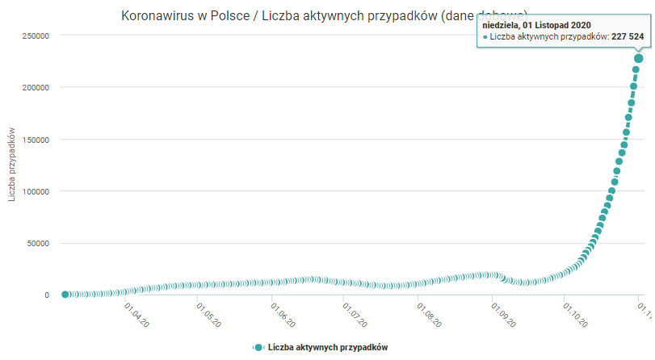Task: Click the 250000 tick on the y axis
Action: coord(35,36)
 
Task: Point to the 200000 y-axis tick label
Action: coord(35,87)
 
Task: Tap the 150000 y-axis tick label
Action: coord(35,140)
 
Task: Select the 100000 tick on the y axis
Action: coord(35,191)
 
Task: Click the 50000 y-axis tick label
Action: coord(37,243)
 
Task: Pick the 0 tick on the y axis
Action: coord(47,295)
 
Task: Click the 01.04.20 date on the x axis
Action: coord(136,315)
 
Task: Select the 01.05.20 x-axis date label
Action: coord(208,315)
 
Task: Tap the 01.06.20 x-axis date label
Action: coord(283,315)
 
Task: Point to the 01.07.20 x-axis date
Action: coord(355,315)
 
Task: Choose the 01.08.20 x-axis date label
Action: coord(429,315)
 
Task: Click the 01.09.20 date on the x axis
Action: coord(504,315)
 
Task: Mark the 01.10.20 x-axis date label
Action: coord(576,315)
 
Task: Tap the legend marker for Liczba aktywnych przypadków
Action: coord(258,347)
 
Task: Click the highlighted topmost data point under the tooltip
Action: coord(639,58)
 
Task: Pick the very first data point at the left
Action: coord(65,295)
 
